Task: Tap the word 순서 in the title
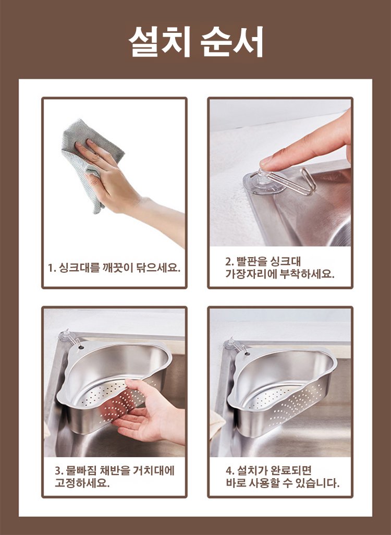tap(232, 42)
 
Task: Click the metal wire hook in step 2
tap(294, 183)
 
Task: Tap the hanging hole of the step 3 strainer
tap(81, 348)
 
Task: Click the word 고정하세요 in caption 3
tap(82, 483)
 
